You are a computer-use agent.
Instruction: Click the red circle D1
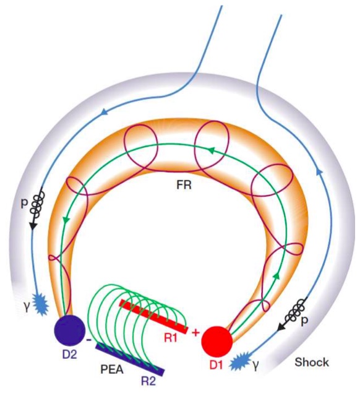(x=217, y=342)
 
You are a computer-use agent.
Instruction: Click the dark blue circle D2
(x=70, y=330)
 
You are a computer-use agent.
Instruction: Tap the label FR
(x=184, y=185)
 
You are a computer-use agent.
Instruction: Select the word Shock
(x=312, y=363)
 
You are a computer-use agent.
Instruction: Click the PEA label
(x=112, y=369)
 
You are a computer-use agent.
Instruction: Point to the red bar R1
(x=153, y=316)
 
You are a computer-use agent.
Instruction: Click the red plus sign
(x=195, y=333)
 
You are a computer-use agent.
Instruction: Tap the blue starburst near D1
(x=240, y=361)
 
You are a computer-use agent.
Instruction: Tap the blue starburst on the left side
(x=40, y=303)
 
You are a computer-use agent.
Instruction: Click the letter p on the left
(x=24, y=203)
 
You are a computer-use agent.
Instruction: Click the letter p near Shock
(x=304, y=321)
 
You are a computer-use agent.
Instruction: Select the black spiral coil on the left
(x=38, y=204)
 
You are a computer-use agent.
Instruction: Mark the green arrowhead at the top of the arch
(x=212, y=150)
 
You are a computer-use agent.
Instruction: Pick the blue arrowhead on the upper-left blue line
(x=104, y=113)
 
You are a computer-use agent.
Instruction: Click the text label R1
(x=171, y=339)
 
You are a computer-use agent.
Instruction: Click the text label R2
(x=148, y=381)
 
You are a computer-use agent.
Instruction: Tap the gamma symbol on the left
(x=27, y=307)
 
